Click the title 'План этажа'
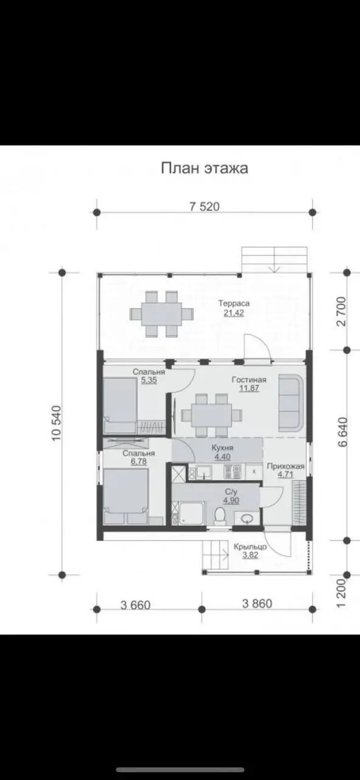pos(205,168)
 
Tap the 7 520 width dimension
pos(205,207)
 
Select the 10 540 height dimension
pos(57,423)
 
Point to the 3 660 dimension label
pos(135,605)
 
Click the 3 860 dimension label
pos(257,603)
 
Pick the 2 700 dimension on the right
pos(342,311)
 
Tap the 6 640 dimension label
pos(342,432)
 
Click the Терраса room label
pos(234,303)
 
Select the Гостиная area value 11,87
pos(249,388)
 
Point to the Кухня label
pos(222,448)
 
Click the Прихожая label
pos(286,466)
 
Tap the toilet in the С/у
pos(220,516)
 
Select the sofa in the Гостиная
pos(291,403)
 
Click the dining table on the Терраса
pos(162,314)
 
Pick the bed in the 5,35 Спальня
pos(120,406)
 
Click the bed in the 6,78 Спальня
pos(126,497)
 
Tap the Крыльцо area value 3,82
pos(250,555)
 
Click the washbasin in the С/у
pos(247,519)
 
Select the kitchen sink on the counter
pos(203,472)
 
